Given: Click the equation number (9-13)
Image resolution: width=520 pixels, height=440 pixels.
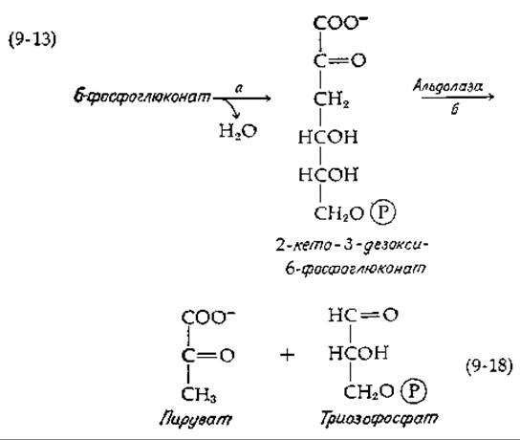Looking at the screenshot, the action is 32,39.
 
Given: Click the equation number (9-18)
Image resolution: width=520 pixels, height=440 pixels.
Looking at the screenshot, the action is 489,366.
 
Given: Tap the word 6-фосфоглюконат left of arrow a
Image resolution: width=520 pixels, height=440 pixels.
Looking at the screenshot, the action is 141,97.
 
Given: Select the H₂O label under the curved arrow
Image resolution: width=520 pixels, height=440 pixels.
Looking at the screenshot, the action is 238,131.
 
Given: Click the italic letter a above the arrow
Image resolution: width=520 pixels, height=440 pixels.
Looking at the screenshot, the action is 239,88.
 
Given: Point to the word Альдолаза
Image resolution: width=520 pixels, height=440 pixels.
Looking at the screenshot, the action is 447,86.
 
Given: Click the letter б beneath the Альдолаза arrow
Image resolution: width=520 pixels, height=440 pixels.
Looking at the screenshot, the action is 455,108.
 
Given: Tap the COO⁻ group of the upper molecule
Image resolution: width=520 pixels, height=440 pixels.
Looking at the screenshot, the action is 340,23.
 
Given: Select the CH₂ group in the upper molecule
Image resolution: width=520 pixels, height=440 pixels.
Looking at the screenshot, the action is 331,99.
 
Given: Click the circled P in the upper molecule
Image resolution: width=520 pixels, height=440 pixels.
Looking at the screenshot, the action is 382,212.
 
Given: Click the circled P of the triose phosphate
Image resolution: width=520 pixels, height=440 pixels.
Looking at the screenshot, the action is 414,391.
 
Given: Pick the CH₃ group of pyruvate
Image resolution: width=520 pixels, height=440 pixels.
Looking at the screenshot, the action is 199,394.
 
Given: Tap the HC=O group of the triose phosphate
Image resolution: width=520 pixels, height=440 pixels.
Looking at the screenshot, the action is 363,315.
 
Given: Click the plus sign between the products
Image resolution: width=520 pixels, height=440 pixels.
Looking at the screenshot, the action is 287,355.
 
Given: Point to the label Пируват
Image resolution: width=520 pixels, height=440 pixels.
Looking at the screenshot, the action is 196,419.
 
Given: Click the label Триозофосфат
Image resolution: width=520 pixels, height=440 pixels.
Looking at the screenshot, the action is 379,418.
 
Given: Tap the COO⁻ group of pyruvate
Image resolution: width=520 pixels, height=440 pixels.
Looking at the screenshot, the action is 208,318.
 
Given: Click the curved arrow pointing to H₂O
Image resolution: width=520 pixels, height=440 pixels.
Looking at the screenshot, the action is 232,107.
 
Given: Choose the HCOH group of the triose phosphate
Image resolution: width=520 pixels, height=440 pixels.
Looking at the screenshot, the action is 358,353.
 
